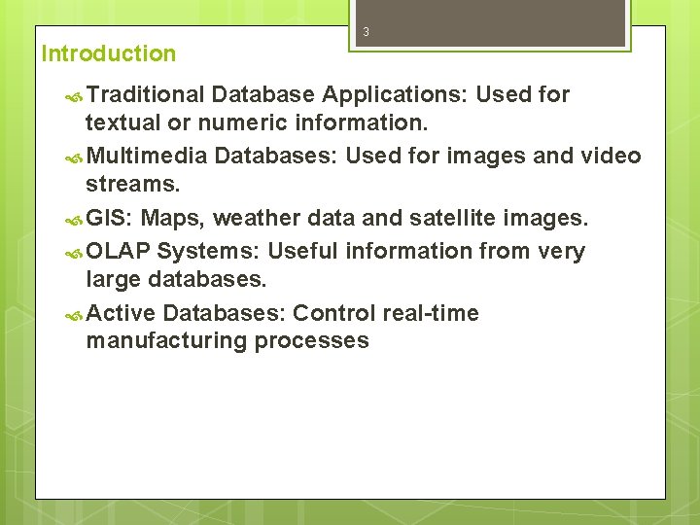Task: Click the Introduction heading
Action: pos(109,53)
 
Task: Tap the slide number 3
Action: pos(367,32)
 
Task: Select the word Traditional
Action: pos(145,94)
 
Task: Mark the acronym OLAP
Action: pos(118,251)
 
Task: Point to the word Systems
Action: pos(208,251)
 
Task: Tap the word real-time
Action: pos(431,313)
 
